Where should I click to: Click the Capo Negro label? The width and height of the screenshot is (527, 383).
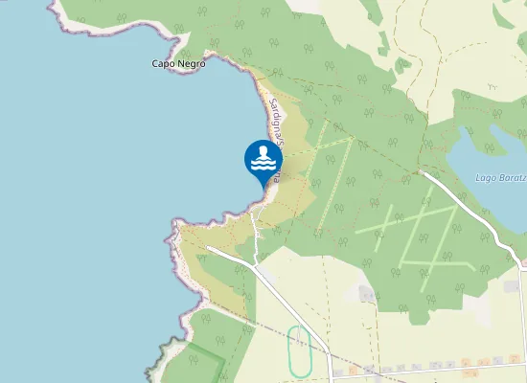178,64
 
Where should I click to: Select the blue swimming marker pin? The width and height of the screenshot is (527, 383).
263,160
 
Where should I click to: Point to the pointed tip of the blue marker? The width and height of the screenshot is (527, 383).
263,186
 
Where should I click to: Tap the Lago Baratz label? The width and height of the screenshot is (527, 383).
500,178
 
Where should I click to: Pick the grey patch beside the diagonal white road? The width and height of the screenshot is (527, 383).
366,292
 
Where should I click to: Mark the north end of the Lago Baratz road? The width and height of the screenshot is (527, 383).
424,173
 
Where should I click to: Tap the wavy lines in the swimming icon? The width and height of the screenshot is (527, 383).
263,165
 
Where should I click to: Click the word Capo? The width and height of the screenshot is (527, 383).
164,64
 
